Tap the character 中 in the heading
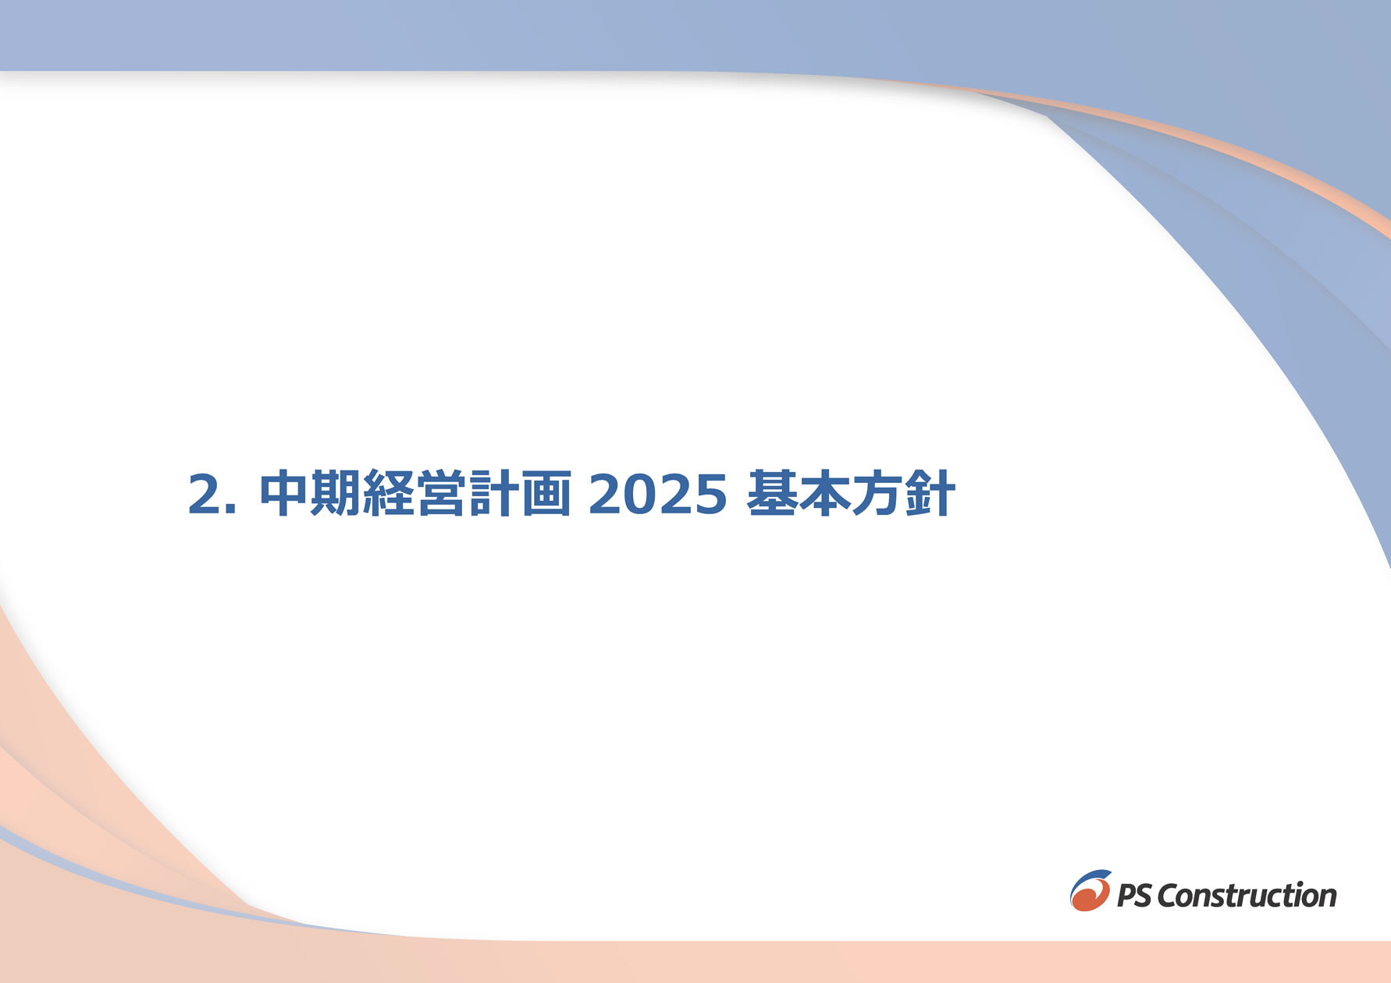(284, 493)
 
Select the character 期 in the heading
(336, 493)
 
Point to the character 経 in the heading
(389, 493)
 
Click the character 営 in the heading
(441, 493)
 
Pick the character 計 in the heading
(493, 493)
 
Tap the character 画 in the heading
(546, 493)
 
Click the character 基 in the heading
(771, 493)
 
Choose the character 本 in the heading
(824, 493)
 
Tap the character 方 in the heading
(877, 493)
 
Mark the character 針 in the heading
(930, 493)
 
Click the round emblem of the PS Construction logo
(1090, 890)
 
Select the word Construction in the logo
(1247, 895)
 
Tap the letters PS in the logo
(1134, 896)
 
